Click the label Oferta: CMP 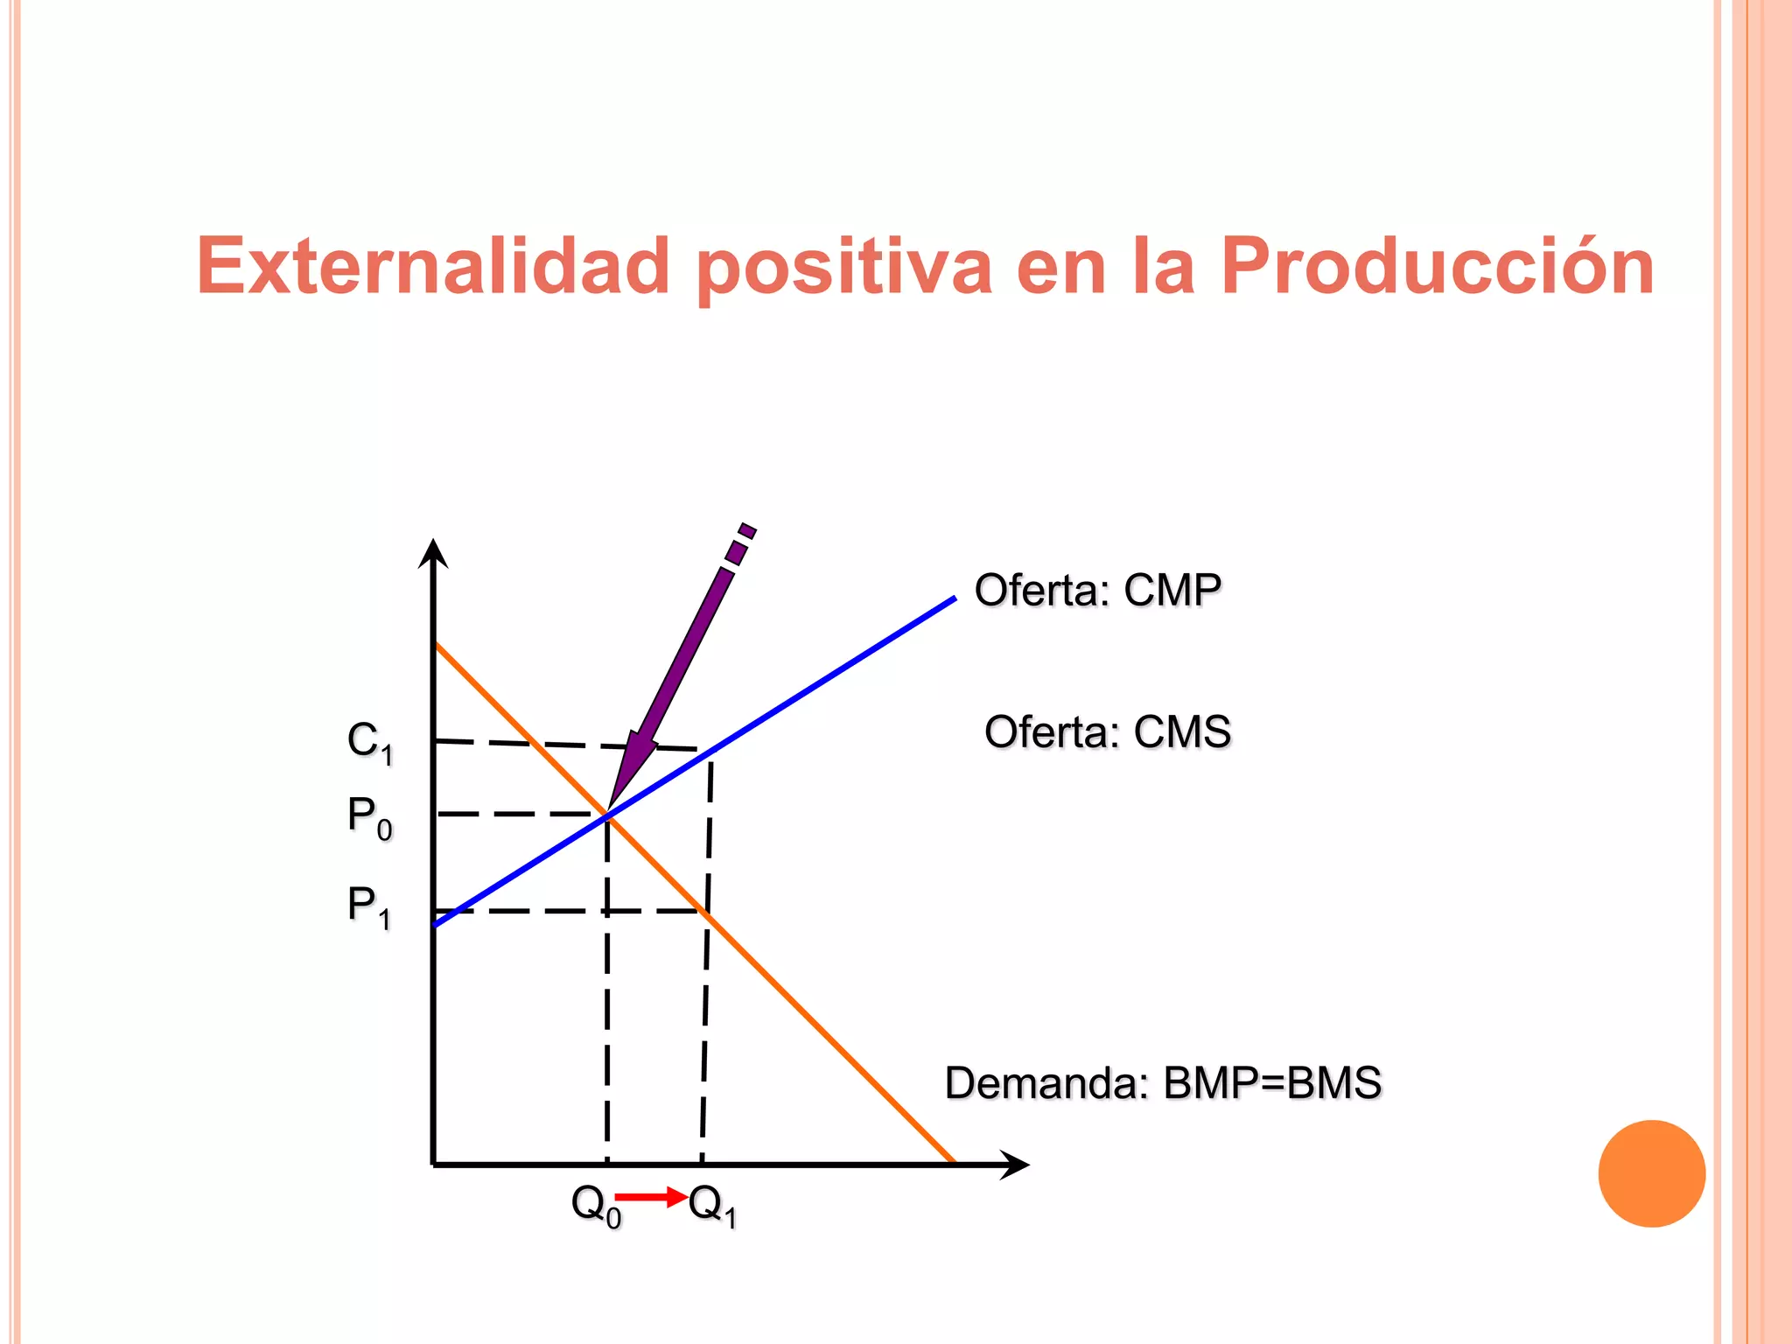click(x=1097, y=591)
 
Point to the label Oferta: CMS click(x=1107, y=732)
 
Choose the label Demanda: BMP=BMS click(x=1163, y=1083)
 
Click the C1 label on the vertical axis click(x=370, y=742)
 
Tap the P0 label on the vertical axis click(x=370, y=817)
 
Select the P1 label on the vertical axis click(x=369, y=906)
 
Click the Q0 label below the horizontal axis click(x=595, y=1205)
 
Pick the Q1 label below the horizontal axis click(x=712, y=1205)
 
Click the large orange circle click(x=1651, y=1173)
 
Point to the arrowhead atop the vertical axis click(x=433, y=553)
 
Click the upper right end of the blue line click(x=954, y=599)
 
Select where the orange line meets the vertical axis click(x=436, y=644)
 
